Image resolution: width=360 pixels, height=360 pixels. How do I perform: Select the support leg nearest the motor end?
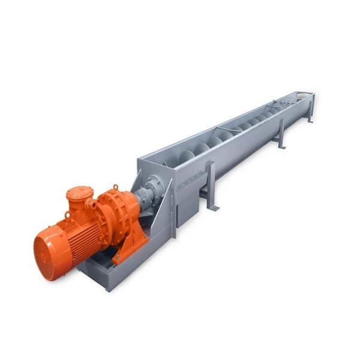[x=211, y=186]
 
